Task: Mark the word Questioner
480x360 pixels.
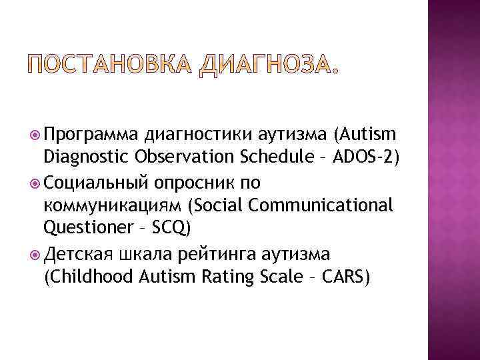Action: click(x=88, y=229)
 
